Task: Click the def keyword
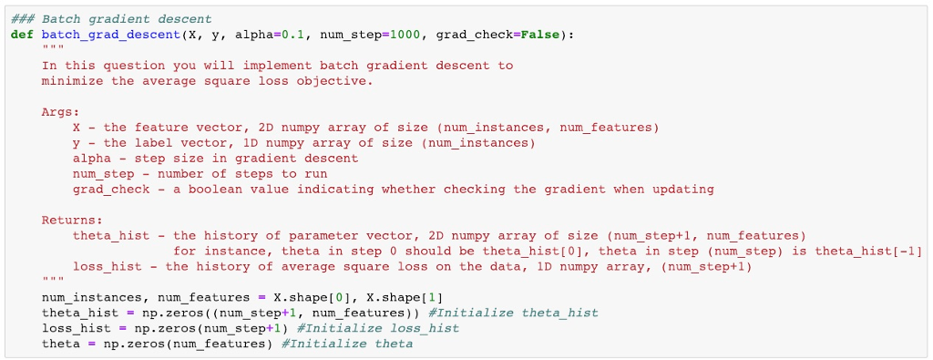[x=22, y=35]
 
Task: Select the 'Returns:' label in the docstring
[x=72, y=221]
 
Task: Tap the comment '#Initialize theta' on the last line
[x=347, y=344]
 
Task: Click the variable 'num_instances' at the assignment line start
[x=91, y=297]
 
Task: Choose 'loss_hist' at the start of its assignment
[x=76, y=328]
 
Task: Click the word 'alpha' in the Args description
[x=91, y=159]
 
